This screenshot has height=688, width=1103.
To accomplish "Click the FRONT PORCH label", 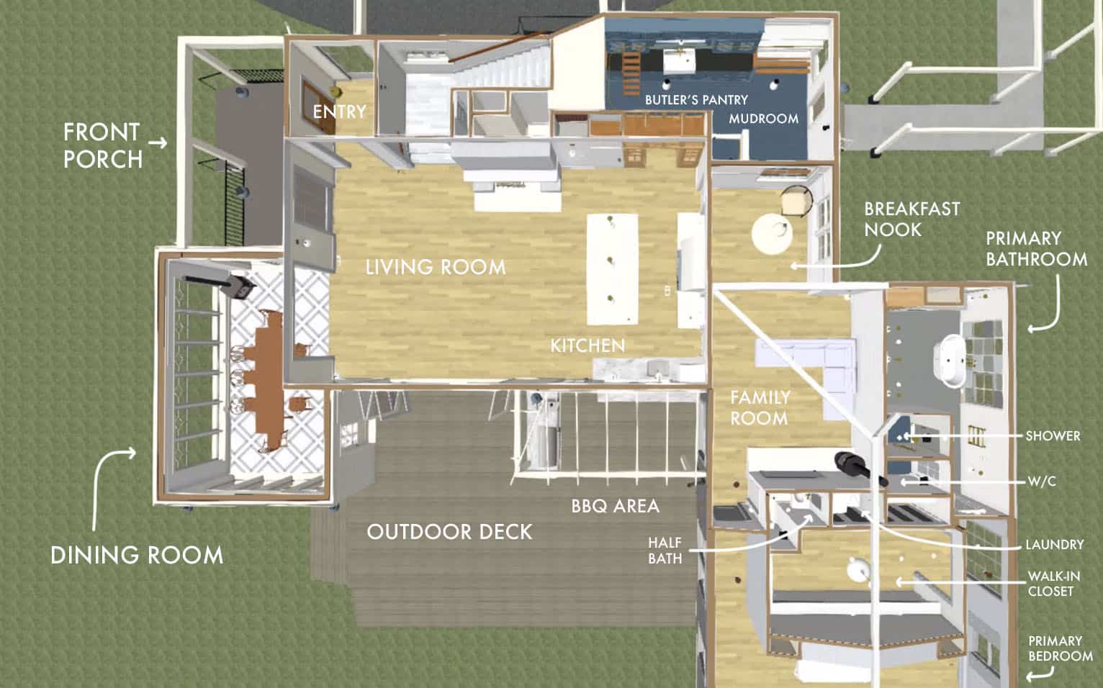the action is click(x=103, y=145).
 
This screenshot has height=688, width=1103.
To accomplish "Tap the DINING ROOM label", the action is click(x=137, y=555).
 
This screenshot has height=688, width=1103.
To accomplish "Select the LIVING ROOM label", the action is click(x=436, y=267).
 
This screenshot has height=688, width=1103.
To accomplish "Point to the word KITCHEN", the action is click(x=587, y=345).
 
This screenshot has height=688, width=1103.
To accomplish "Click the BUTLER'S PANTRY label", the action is click(x=696, y=100).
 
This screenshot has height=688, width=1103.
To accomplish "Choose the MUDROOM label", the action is click(x=764, y=119).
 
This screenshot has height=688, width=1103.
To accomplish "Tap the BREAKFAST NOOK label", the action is click(x=912, y=219).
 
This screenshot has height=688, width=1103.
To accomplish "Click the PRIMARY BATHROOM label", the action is click(x=1036, y=249).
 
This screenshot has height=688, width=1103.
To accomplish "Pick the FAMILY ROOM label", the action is click(x=760, y=408).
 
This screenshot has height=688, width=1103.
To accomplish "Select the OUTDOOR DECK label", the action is click(x=449, y=532).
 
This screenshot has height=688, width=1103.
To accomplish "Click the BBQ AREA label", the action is click(x=615, y=506).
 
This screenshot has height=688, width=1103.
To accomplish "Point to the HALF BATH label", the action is click(x=665, y=551).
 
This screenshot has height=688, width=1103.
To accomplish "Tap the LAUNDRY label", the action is click(x=1054, y=545).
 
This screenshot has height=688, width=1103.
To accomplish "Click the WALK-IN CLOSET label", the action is click(x=1054, y=584).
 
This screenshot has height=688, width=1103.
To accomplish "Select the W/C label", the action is click(x=1042, y=481).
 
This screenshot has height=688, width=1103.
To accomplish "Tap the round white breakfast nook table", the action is click(x=772, y=235).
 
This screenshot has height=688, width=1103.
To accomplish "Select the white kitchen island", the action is click(x=613, y=269).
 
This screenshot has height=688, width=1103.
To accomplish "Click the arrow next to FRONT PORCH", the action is click(x=158, y=143).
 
